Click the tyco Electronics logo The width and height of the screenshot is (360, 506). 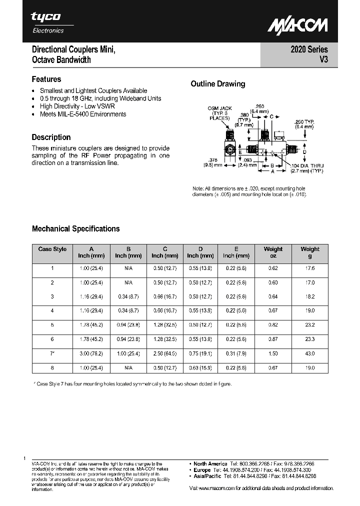(x=47, y=22)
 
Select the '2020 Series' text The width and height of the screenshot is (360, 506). (x=309, y=49)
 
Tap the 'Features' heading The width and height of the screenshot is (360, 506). (x=46, y=79)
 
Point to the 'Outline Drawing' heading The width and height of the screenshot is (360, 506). (x=218, y=83)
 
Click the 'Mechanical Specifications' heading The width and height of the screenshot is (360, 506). (x=76, y=228)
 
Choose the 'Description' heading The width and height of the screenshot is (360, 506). (x=51, y=137)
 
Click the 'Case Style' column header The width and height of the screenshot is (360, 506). (x=52, y=249)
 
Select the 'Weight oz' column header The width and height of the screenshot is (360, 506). (x=273, y=252)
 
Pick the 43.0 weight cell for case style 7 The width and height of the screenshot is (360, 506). (x=310, y=353)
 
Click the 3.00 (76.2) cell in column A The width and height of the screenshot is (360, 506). (x=91, y=353)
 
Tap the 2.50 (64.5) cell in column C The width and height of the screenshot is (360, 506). (x=165, y=353)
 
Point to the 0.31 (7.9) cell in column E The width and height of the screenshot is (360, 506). (x=236, y=353)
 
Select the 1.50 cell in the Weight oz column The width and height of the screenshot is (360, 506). (x=273, y=353)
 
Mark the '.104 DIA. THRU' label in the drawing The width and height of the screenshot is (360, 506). (x=307, y=165)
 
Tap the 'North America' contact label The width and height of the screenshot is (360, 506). (x=210, y=463)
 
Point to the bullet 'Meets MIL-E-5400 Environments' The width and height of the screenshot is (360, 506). (x=83, y=114)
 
